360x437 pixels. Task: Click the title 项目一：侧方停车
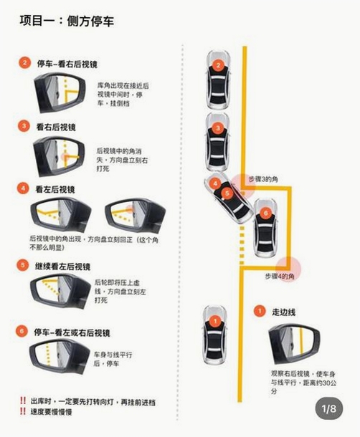click(67, 21)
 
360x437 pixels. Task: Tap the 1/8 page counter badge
click(329, 408)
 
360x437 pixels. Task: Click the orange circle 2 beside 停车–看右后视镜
click(24, 63)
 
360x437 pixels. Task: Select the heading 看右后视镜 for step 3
click(56, 128)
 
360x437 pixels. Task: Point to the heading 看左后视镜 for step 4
click(55, 190)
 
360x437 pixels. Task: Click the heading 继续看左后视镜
click(62, 266)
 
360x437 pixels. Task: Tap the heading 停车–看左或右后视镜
click(72, 332)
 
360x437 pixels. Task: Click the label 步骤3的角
click(263, 179)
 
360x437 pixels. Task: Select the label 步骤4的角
click(280, 277)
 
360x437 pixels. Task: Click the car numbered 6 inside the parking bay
click(265, 228)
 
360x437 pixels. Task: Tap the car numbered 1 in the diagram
click(214, 335)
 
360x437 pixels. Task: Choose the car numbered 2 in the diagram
click(218, 80)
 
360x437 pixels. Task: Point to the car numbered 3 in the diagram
click(218, 143)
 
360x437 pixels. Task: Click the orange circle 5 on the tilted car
click(227, 193)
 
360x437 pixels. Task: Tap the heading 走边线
click(283, 312)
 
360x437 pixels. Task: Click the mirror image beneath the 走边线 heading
click(294, 344)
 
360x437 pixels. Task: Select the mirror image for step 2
click(60, 93)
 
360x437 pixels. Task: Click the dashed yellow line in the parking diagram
click(242, 245)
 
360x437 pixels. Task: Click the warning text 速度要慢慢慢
click(51, 412)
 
